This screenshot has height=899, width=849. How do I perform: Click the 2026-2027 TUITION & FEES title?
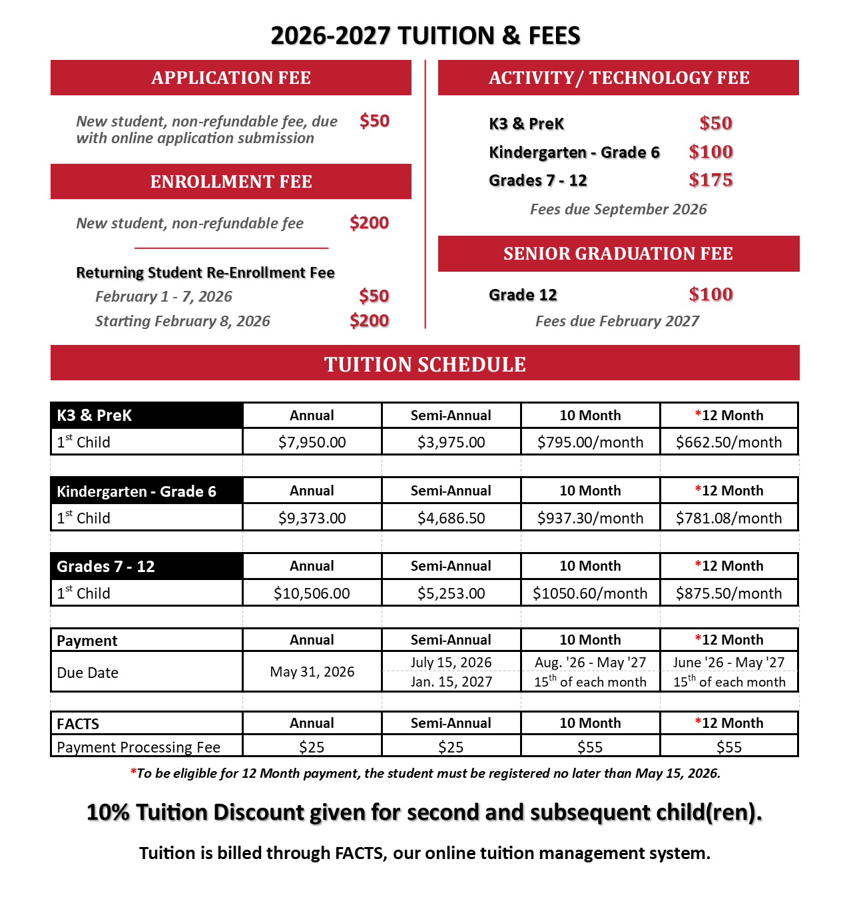(x=425, y=35)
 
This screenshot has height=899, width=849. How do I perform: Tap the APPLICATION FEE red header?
(x=231, y=78)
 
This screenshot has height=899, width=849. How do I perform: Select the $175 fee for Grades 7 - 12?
(x=710, y=180)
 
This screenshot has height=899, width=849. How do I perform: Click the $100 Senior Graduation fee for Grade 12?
(x=710, y=294)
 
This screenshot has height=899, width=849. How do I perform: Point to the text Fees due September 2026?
(x=618, y=209)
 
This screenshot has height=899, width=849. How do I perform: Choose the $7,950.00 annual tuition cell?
(x=312, y=442)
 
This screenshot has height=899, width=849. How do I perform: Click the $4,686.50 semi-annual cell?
(x=451, y=518)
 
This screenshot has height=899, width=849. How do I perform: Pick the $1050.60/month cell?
(x=590, y=593)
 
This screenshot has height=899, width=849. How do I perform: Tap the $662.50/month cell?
(x=728, y=442)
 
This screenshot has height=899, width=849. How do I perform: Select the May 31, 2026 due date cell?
(x=312, y=672)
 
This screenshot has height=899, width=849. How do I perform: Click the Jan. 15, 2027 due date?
(x=451, y=682)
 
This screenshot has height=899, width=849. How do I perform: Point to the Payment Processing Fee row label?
(x=139, y=747)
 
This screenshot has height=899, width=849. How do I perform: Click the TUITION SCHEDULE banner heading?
(x=425, y=364)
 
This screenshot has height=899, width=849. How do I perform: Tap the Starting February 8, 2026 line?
(x=182, y=321)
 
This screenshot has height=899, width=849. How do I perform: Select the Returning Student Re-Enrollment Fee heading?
(x=205, y=272)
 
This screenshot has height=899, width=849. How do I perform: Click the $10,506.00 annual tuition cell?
(x=312, y=593)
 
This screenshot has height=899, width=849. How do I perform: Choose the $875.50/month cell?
(x=728, y=593)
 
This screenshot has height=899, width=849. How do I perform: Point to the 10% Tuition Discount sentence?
(x=424, y=812)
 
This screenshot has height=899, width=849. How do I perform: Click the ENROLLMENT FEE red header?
(x=231, y=182)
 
